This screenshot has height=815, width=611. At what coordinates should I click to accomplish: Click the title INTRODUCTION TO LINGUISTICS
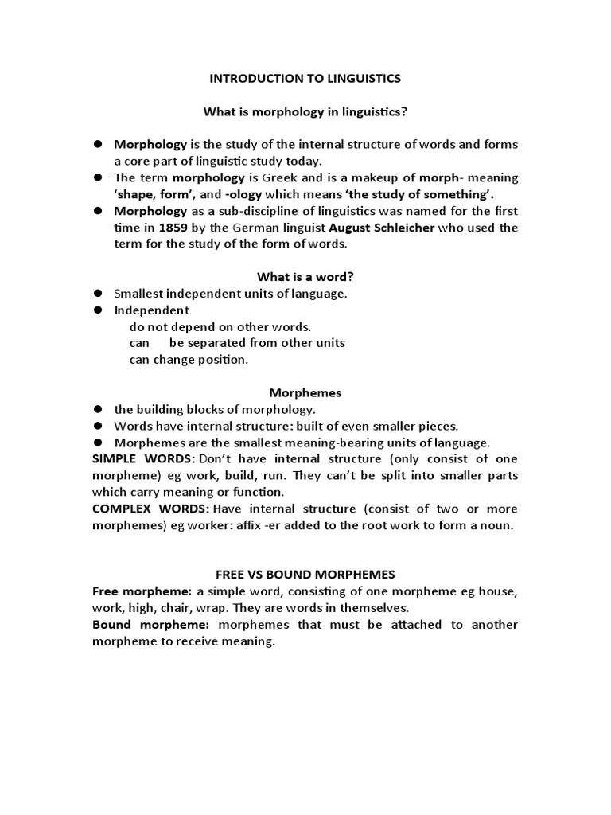coord(305,79)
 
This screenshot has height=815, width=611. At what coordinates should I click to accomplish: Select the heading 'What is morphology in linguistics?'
coord(305,112)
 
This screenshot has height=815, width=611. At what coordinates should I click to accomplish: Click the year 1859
coord(174,228)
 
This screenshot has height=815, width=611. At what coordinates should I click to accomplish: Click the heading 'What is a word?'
coord(305,276)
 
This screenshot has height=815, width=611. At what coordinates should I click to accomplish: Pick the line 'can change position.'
coord(189,359)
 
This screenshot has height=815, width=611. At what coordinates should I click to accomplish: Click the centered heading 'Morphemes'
coord(305,392)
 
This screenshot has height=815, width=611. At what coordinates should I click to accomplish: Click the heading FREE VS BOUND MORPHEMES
coord(305,575)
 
